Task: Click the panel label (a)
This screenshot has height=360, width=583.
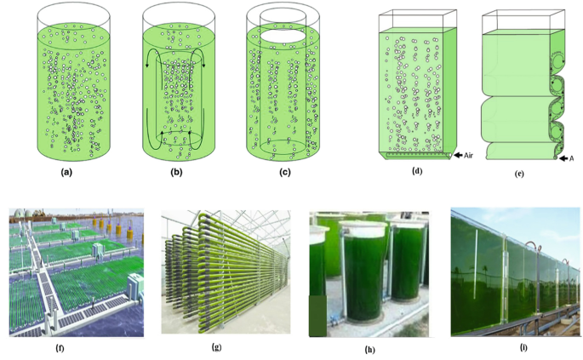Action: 73,171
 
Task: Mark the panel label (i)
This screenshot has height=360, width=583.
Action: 511,346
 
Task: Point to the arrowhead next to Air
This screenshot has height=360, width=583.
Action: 459,155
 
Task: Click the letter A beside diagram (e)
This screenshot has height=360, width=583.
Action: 573,158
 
